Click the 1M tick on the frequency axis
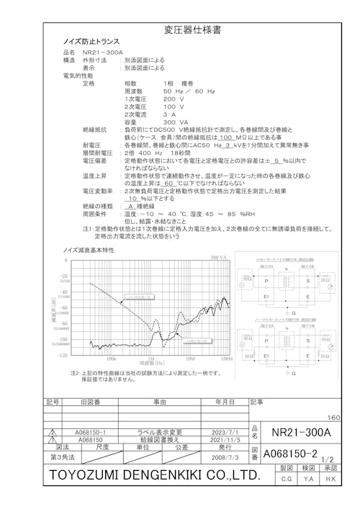151,358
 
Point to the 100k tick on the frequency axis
112,358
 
